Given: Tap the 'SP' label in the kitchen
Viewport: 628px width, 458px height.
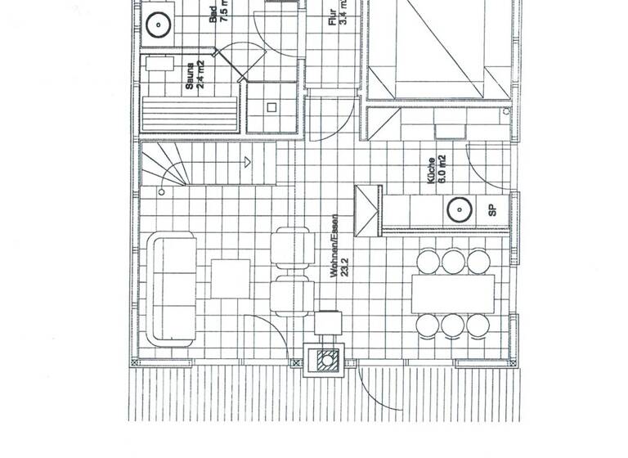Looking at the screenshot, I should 492,209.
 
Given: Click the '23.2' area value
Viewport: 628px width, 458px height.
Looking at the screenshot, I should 347,267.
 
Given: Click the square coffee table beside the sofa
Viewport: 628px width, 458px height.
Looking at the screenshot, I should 231,279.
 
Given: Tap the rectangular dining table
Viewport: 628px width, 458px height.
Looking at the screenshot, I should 453,294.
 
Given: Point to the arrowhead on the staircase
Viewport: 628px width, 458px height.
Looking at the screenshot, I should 244,163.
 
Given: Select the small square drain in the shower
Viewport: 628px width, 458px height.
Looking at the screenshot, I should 271,106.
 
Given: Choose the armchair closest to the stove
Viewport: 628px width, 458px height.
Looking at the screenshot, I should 294,295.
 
